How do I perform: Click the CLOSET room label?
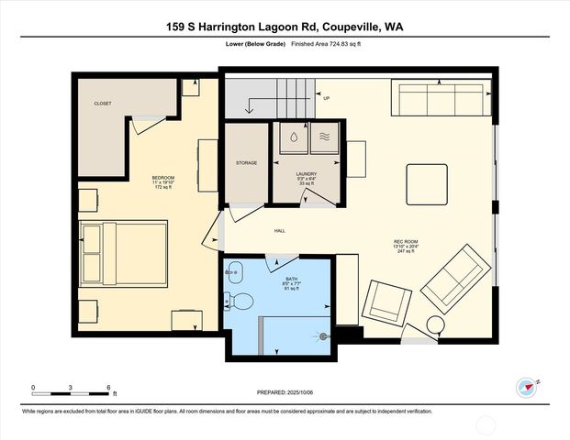[x=103, y=104]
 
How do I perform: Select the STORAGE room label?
[x=245, y=162]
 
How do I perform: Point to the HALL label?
[x=280, y=231]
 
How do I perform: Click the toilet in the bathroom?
[x=240, y=301]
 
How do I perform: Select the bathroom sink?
[x=235, y=270]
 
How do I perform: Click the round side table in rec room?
[x=434, y=324]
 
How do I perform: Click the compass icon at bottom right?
[x=527, y=388]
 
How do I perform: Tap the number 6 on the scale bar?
[x=109, y=388]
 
